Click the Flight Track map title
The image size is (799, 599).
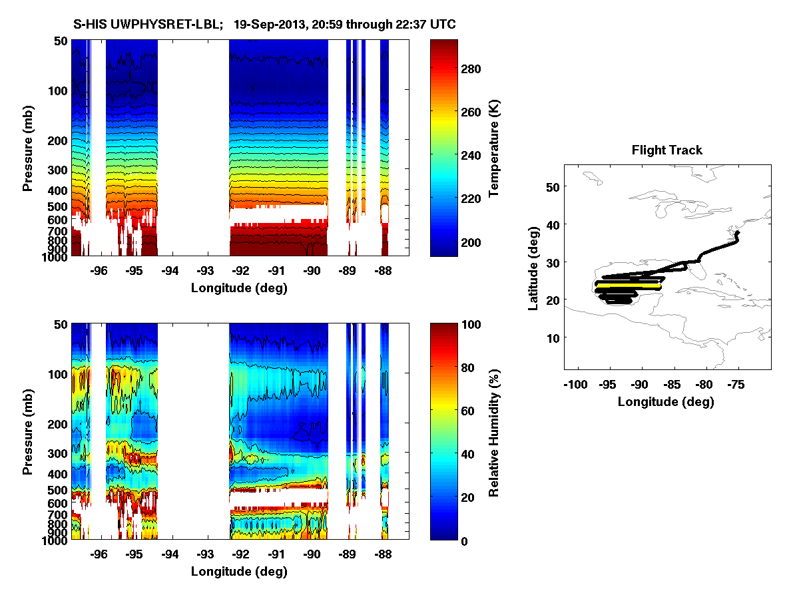click(x=666, y=150)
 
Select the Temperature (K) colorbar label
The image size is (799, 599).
click(x=494, y=148)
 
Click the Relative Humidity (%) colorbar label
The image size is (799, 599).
click(x=494, y=431)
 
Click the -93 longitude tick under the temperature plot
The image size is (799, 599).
click(x=205, y=272)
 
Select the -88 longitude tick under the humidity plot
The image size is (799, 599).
click(x=382, y=554)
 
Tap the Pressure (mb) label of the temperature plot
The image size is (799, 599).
click(x=28, y=148)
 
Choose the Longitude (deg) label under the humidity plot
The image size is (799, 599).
click(x=239, y=572)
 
